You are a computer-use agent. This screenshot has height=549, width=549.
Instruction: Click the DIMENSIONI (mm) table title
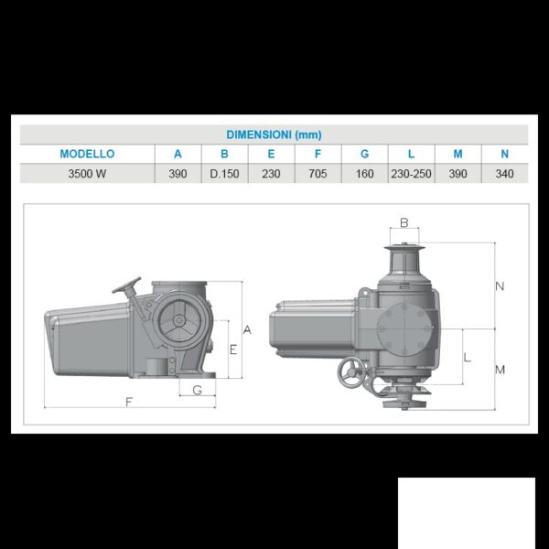point(274,135)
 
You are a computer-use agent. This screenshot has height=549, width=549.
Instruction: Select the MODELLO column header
point(87,154)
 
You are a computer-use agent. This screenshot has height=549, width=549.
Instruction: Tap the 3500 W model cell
point(87,174)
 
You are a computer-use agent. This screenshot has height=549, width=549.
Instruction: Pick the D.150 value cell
point(224,174)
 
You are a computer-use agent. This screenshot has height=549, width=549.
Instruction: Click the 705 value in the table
point(318,174)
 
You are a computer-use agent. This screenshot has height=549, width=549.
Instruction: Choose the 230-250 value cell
point(411,174)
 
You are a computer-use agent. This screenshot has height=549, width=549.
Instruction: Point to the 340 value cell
point(504,174)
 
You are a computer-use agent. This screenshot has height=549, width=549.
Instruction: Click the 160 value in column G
point(364,174)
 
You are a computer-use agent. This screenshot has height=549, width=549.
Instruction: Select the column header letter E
point(271,154)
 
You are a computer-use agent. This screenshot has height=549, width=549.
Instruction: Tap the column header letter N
point(504,154)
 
